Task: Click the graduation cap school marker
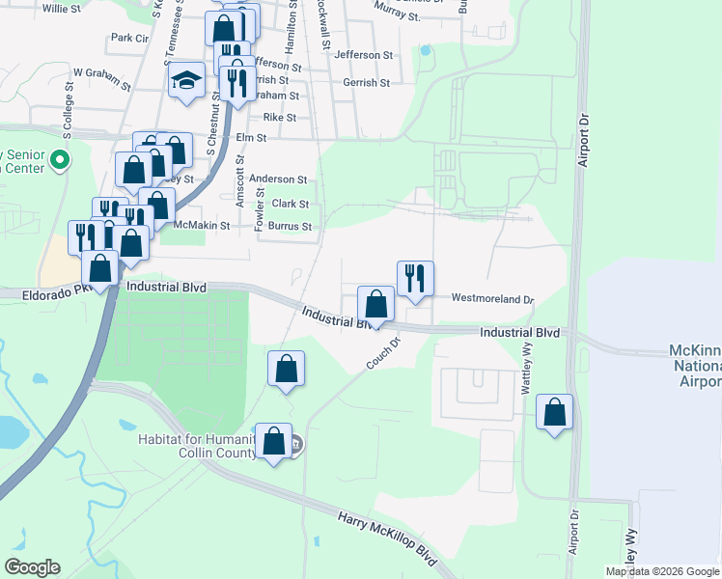click(186, 80)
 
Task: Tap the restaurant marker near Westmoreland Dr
click(415, 278)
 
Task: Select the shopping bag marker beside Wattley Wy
click(555, 412)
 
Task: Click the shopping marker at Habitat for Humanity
click(274, 442)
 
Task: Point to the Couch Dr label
click(383, 353)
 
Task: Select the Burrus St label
click(291, 227)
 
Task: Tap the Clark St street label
click(290, 204)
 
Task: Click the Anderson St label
click(277, 179)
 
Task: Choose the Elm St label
click(251, 138)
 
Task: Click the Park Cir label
click(129, 38)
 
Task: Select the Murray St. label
click(397, 16)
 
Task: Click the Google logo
click(33, 567)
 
